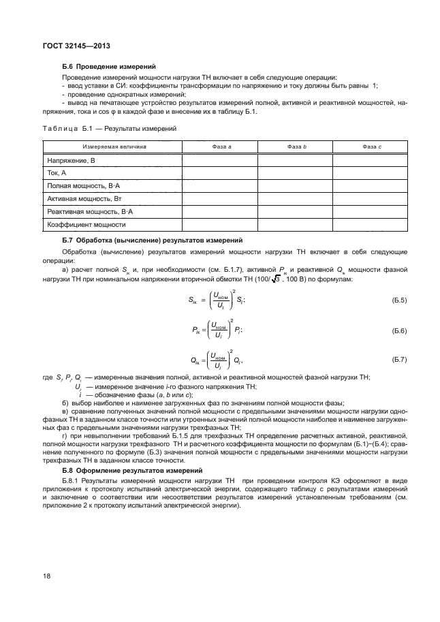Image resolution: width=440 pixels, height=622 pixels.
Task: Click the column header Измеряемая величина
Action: click(x=113, y=146)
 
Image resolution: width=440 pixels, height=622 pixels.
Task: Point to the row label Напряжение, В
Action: click(x=71, y=159)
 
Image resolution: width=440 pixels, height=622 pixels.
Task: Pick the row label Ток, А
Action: click(x=57, y=172)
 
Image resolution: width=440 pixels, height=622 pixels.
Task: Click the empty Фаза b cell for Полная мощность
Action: click(x=295, y=185)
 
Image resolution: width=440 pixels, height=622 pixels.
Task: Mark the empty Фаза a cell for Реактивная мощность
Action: click(x=219, y=211)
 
